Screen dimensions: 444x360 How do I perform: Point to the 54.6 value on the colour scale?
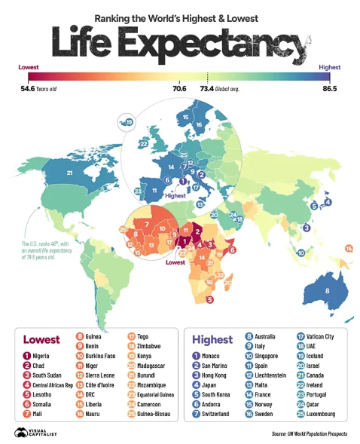[x=26, y=88]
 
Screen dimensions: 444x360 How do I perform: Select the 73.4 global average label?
[x=218, y=88]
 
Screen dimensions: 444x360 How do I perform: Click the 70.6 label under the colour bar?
[x=179, y=88]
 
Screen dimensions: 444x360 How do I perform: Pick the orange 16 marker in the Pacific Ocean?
[x=349, y=248]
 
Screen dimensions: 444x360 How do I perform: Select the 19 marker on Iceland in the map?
[x=130, y=123]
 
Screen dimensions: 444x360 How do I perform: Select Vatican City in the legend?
[x=319, y=336]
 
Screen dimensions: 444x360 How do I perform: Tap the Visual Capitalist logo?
[x=30, y=433]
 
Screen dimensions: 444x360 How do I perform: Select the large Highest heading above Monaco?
[x=213, y=339]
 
